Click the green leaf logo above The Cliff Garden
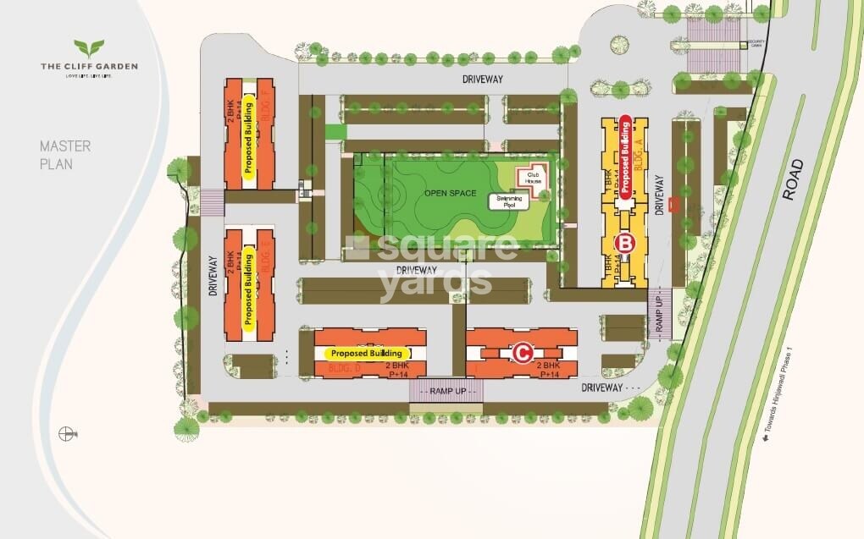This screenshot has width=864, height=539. (89, 48)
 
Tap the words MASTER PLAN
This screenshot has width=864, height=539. (65, 155)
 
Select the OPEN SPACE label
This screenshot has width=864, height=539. (447, 193)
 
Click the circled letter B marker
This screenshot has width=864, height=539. (625, 243)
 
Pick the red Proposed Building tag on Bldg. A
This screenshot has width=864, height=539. (625, 157)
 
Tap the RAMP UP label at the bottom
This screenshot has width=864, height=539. (447, 390)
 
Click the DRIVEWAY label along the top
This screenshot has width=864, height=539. (483, 79)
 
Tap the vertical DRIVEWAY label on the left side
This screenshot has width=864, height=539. (214, 278)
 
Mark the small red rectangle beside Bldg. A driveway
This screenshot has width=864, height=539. (673, 204)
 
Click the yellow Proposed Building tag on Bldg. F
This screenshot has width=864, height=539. (249, 138)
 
